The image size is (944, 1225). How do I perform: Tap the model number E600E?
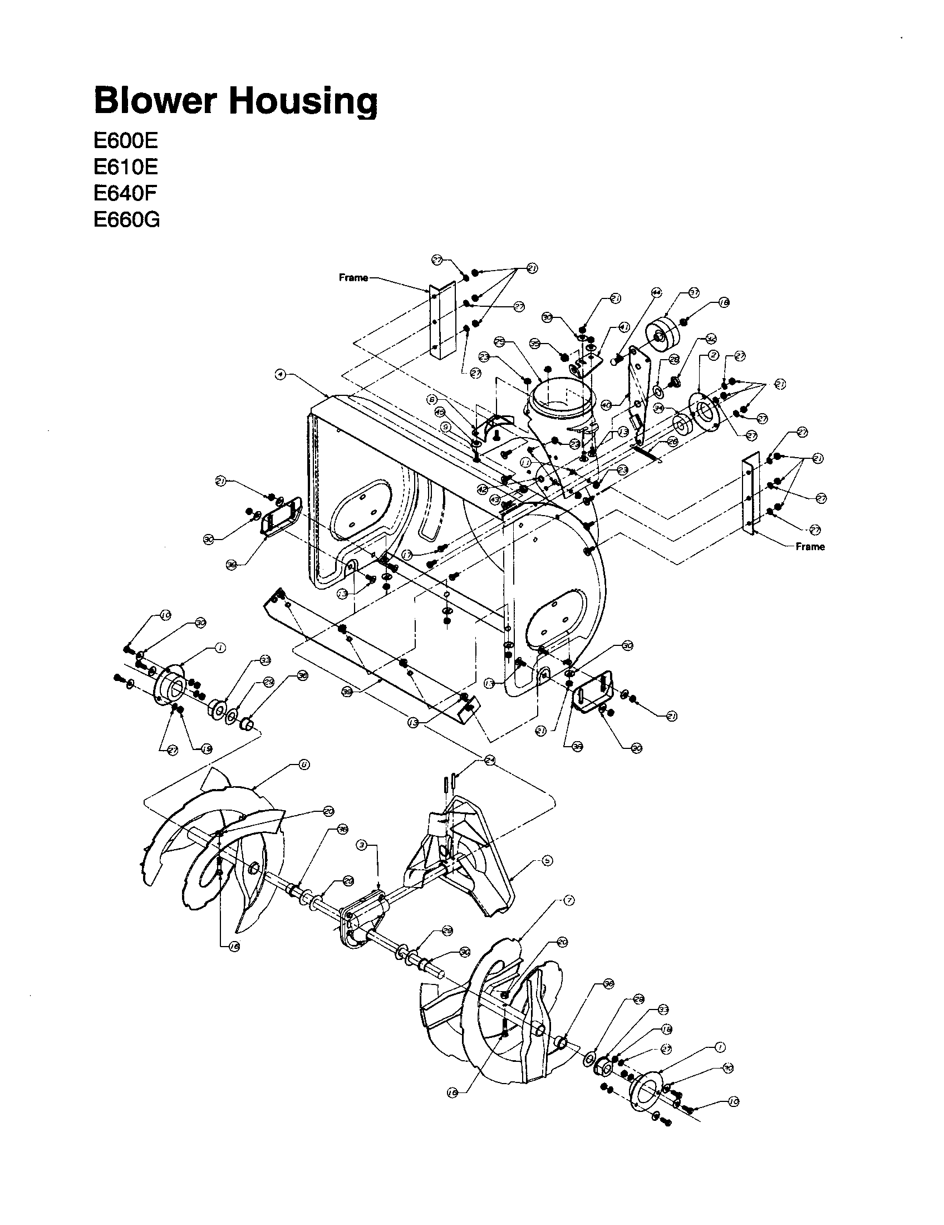(x=126, y=140)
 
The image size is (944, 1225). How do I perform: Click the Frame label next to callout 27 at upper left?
(x=353, y=278)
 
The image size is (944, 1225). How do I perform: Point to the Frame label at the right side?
(x=810, y=546)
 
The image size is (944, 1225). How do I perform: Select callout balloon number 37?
(x=694, y=293)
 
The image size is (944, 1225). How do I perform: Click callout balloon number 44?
(x=656, y=293)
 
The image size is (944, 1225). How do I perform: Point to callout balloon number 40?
(x=606, y=404)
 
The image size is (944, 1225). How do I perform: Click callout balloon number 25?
(x=500, y=341)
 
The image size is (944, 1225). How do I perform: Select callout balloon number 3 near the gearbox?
(x=362, y=845)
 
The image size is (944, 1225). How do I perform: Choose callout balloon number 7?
(x=569, y=900)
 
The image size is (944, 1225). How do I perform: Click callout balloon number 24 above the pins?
(x=490, y=761)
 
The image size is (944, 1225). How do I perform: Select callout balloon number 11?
(x=525, y=462)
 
